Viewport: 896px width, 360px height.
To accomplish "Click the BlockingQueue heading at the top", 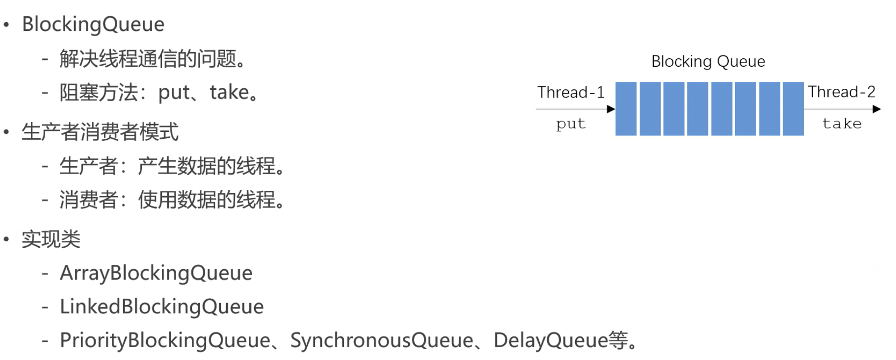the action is click(x=93, y=25).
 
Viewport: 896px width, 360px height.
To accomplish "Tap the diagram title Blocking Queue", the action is click(x=708, y=61).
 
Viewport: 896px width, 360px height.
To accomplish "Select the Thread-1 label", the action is click(x=571, y=92).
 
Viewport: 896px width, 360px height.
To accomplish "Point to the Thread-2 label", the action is click(x=842, y=92).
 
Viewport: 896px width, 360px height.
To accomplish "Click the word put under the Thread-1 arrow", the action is click(x=571, y=124).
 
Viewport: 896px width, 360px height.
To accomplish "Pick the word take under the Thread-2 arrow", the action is click(x=842, y=124).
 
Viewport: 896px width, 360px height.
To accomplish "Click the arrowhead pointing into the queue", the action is click(x=611, y=109).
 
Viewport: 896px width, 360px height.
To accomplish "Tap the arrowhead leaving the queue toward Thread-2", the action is click(x=877, y=109).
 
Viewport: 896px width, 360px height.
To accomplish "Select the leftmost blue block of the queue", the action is click(x=626, y=109).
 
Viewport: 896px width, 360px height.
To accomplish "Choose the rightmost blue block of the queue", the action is click(x=793, y=109).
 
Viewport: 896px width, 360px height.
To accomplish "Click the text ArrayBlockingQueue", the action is click(x=156, y=273).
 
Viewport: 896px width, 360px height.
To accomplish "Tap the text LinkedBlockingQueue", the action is click(x=161, y=307).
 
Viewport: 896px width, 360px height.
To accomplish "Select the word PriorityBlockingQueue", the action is click(x=165, y=340).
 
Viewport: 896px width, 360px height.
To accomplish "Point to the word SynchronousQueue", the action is click(x=382, y=340).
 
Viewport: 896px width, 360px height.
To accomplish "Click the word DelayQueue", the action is click(x=551, y=340).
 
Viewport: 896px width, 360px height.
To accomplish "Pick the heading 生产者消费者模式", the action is click(x=100, y=132).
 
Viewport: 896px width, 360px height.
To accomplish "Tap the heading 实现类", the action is click(x=51, y=239).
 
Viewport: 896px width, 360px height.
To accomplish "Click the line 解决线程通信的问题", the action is click(x=152, y=59).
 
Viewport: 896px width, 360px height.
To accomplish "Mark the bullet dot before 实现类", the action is click(x=6, y=239).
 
